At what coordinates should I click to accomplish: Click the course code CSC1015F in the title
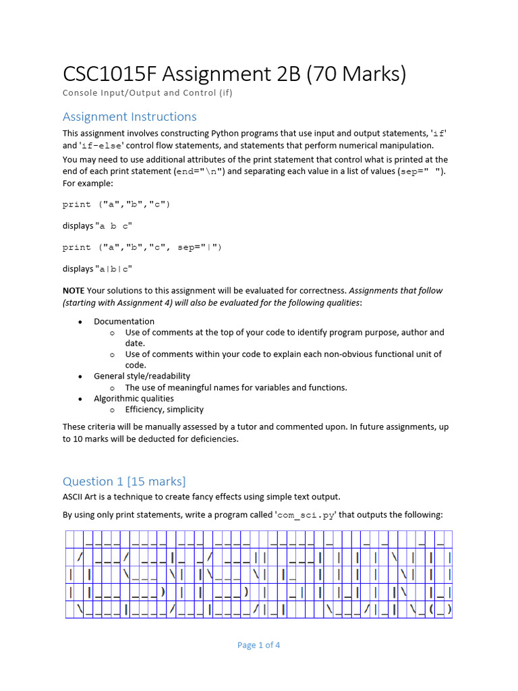pyautogui.click(x=110, y=74)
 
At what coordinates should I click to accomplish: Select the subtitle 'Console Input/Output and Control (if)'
pyautogui.click(x=148, y=93)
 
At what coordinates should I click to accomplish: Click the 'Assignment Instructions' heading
pyautogui.click(x=129, y=117)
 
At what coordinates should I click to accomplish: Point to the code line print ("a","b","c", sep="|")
pyautogui.click(x=142, y=247)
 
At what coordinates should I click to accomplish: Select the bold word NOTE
pyautogui.click(x=74, y=291)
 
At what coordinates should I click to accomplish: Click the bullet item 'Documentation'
pyautogui.click(x=124, y=321)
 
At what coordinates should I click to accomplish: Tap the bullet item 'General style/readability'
pyautogui.click(x=142, y=376)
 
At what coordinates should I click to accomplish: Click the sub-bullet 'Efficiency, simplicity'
pyautogui.click(x=164, y=409)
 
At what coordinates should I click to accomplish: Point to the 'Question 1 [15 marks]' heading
pyautogui.click(x=124, y=481)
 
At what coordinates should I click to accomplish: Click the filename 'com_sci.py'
pyautogui.click(x=306, y=515)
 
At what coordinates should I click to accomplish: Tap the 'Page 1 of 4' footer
pyautogui.click(x=258, y=645)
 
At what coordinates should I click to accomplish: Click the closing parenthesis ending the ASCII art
pyautogui.click(x=449, y=610)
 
